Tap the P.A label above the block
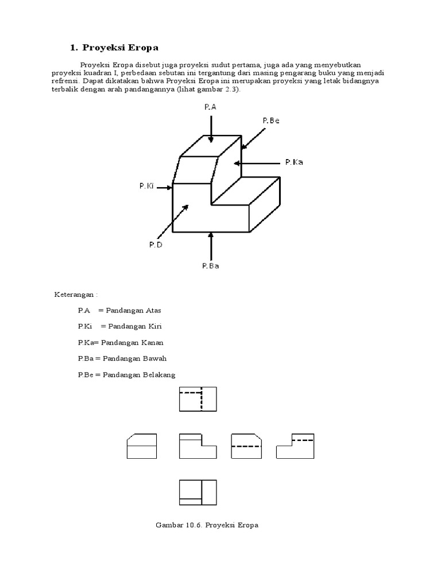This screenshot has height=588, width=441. [211, 107]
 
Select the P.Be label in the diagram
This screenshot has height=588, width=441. [270, 121]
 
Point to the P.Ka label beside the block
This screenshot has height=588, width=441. [294, 163]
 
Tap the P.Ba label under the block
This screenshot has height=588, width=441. [211, 265]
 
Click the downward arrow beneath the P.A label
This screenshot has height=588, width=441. [211, 127]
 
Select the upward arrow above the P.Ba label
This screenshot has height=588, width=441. [211, 246]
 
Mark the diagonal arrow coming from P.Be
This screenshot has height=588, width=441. [253, 137]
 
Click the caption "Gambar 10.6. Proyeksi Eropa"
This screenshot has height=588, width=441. [207, 525]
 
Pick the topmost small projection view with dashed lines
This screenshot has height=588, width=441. [198, 399]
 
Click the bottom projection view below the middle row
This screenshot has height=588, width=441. [198, 492]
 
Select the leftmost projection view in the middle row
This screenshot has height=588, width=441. [141, 446]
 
